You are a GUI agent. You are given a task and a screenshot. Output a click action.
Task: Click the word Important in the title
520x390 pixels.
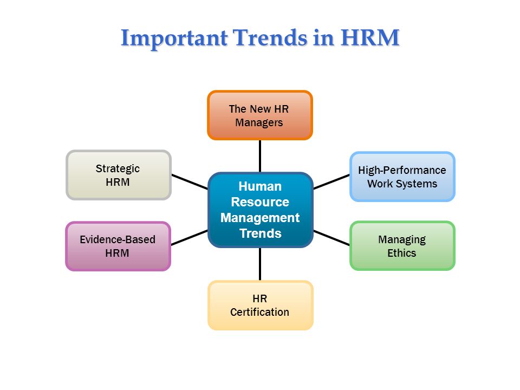point(174,38)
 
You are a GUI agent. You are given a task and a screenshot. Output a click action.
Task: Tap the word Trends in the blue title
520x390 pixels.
point(270,37)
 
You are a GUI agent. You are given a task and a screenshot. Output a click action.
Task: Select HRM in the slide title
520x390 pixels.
point(370,37)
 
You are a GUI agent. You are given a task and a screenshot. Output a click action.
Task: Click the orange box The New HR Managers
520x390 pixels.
point(260,115)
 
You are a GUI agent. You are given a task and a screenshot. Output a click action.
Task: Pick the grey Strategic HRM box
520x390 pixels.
point(119,175)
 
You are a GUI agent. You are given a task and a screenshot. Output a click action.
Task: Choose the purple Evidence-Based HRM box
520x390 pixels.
point(118,246)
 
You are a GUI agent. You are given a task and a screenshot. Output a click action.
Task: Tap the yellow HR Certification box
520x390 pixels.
point(261,305)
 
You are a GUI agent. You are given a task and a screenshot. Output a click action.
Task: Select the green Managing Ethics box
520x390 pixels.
point(402,246)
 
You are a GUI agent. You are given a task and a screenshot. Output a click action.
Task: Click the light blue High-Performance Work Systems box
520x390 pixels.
point(402,177)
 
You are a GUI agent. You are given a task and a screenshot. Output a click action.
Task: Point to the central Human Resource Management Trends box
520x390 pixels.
point(261,210)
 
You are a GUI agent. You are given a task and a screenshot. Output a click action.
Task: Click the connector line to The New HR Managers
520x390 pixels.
point(260,156)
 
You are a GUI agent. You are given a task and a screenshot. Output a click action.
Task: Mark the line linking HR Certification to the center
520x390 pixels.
point(260,264)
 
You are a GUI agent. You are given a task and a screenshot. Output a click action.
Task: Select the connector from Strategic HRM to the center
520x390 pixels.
point(190,182)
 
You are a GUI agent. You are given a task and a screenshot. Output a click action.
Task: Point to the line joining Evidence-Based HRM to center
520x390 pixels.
point(190,238)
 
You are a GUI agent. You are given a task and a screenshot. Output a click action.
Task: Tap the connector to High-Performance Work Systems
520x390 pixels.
point(331,182)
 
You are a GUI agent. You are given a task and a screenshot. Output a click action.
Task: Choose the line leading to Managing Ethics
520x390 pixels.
point(331,238)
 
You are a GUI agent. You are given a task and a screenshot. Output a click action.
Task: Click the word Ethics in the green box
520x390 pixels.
point(401,253)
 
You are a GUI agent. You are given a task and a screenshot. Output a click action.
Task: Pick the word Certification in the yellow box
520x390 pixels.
point(259,312)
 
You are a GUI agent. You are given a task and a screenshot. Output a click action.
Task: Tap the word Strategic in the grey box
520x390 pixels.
point(118,169)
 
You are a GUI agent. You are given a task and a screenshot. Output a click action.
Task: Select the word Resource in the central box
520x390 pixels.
point(260,202)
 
